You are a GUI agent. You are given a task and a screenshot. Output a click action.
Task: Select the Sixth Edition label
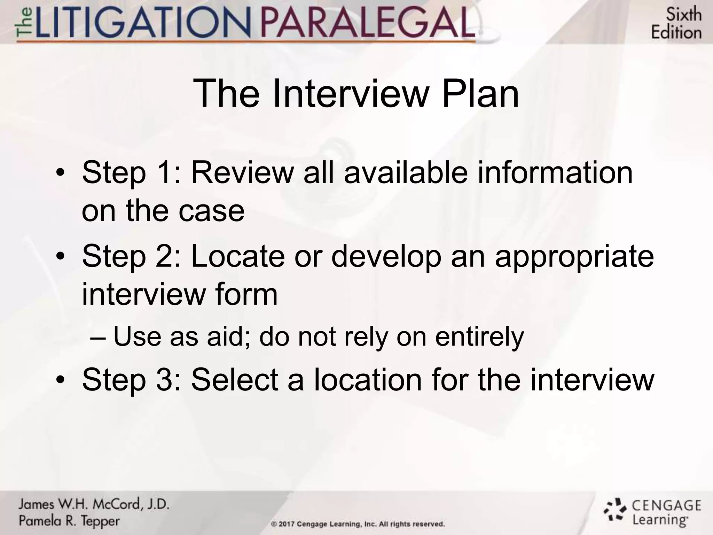coord(676,24)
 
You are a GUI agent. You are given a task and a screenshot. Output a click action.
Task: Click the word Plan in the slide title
coord(480,93)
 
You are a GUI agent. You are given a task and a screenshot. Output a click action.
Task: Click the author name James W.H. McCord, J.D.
coord(94,504)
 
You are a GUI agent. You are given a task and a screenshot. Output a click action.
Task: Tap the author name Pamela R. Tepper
coord(69,521)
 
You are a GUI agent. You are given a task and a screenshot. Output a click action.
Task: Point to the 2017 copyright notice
coord(358,524)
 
